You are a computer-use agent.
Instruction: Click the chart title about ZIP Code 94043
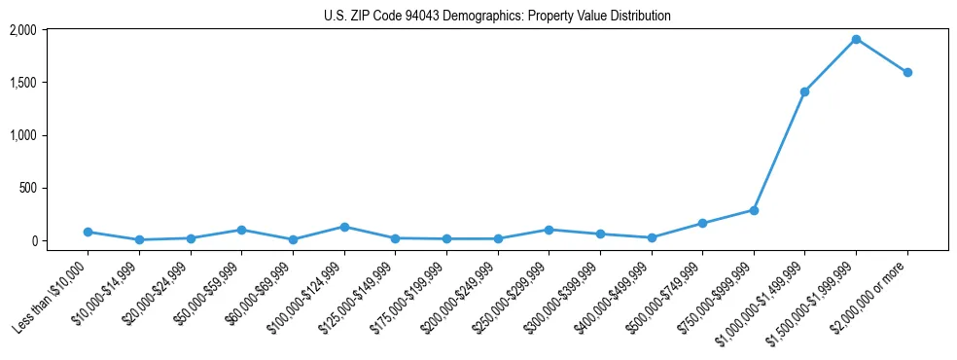tap(497, 17)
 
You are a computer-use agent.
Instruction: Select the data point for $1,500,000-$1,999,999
tap(856, 40)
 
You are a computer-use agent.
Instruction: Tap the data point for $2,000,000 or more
tap(907, 73)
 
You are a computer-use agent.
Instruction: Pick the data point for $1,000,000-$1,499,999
tap(804, 91)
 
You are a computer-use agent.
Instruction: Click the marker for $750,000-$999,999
tap(754, 210)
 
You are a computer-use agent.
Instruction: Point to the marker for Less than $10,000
tap(88, 232)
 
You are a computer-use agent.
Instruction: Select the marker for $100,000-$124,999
tap(343, 227)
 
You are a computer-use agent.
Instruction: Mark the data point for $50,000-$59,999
tap(241, 230)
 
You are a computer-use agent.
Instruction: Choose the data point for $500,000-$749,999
tap(702, 223)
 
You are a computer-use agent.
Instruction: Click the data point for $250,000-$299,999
tap(549, 230)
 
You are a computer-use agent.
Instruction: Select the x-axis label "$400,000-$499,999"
tap(612, 298)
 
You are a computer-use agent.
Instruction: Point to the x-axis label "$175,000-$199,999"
tap(407, 298)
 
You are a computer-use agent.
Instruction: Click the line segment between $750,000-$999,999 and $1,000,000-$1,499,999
tap(779, 151)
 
